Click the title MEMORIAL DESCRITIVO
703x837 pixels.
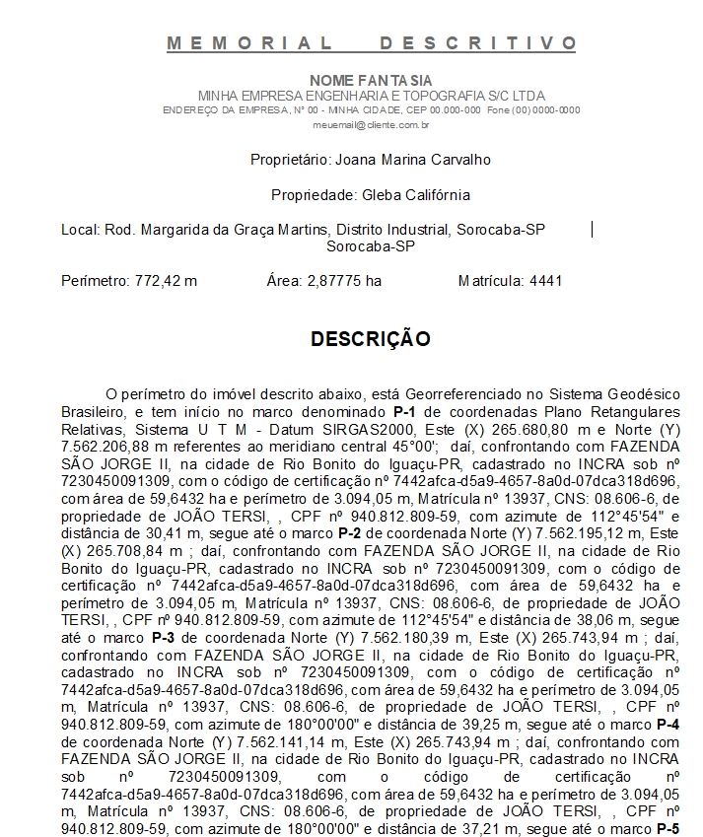point(371,43)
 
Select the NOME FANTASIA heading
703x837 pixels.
point(371,80)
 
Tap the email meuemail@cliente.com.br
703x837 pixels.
point(371,125)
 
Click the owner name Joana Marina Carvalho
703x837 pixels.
point(413,160)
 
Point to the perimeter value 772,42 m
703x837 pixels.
point(165,281)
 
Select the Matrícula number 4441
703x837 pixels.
point(545,281)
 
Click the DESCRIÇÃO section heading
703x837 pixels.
point(371,339)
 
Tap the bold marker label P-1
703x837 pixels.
point(403,409)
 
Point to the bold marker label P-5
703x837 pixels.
point(668,828)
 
